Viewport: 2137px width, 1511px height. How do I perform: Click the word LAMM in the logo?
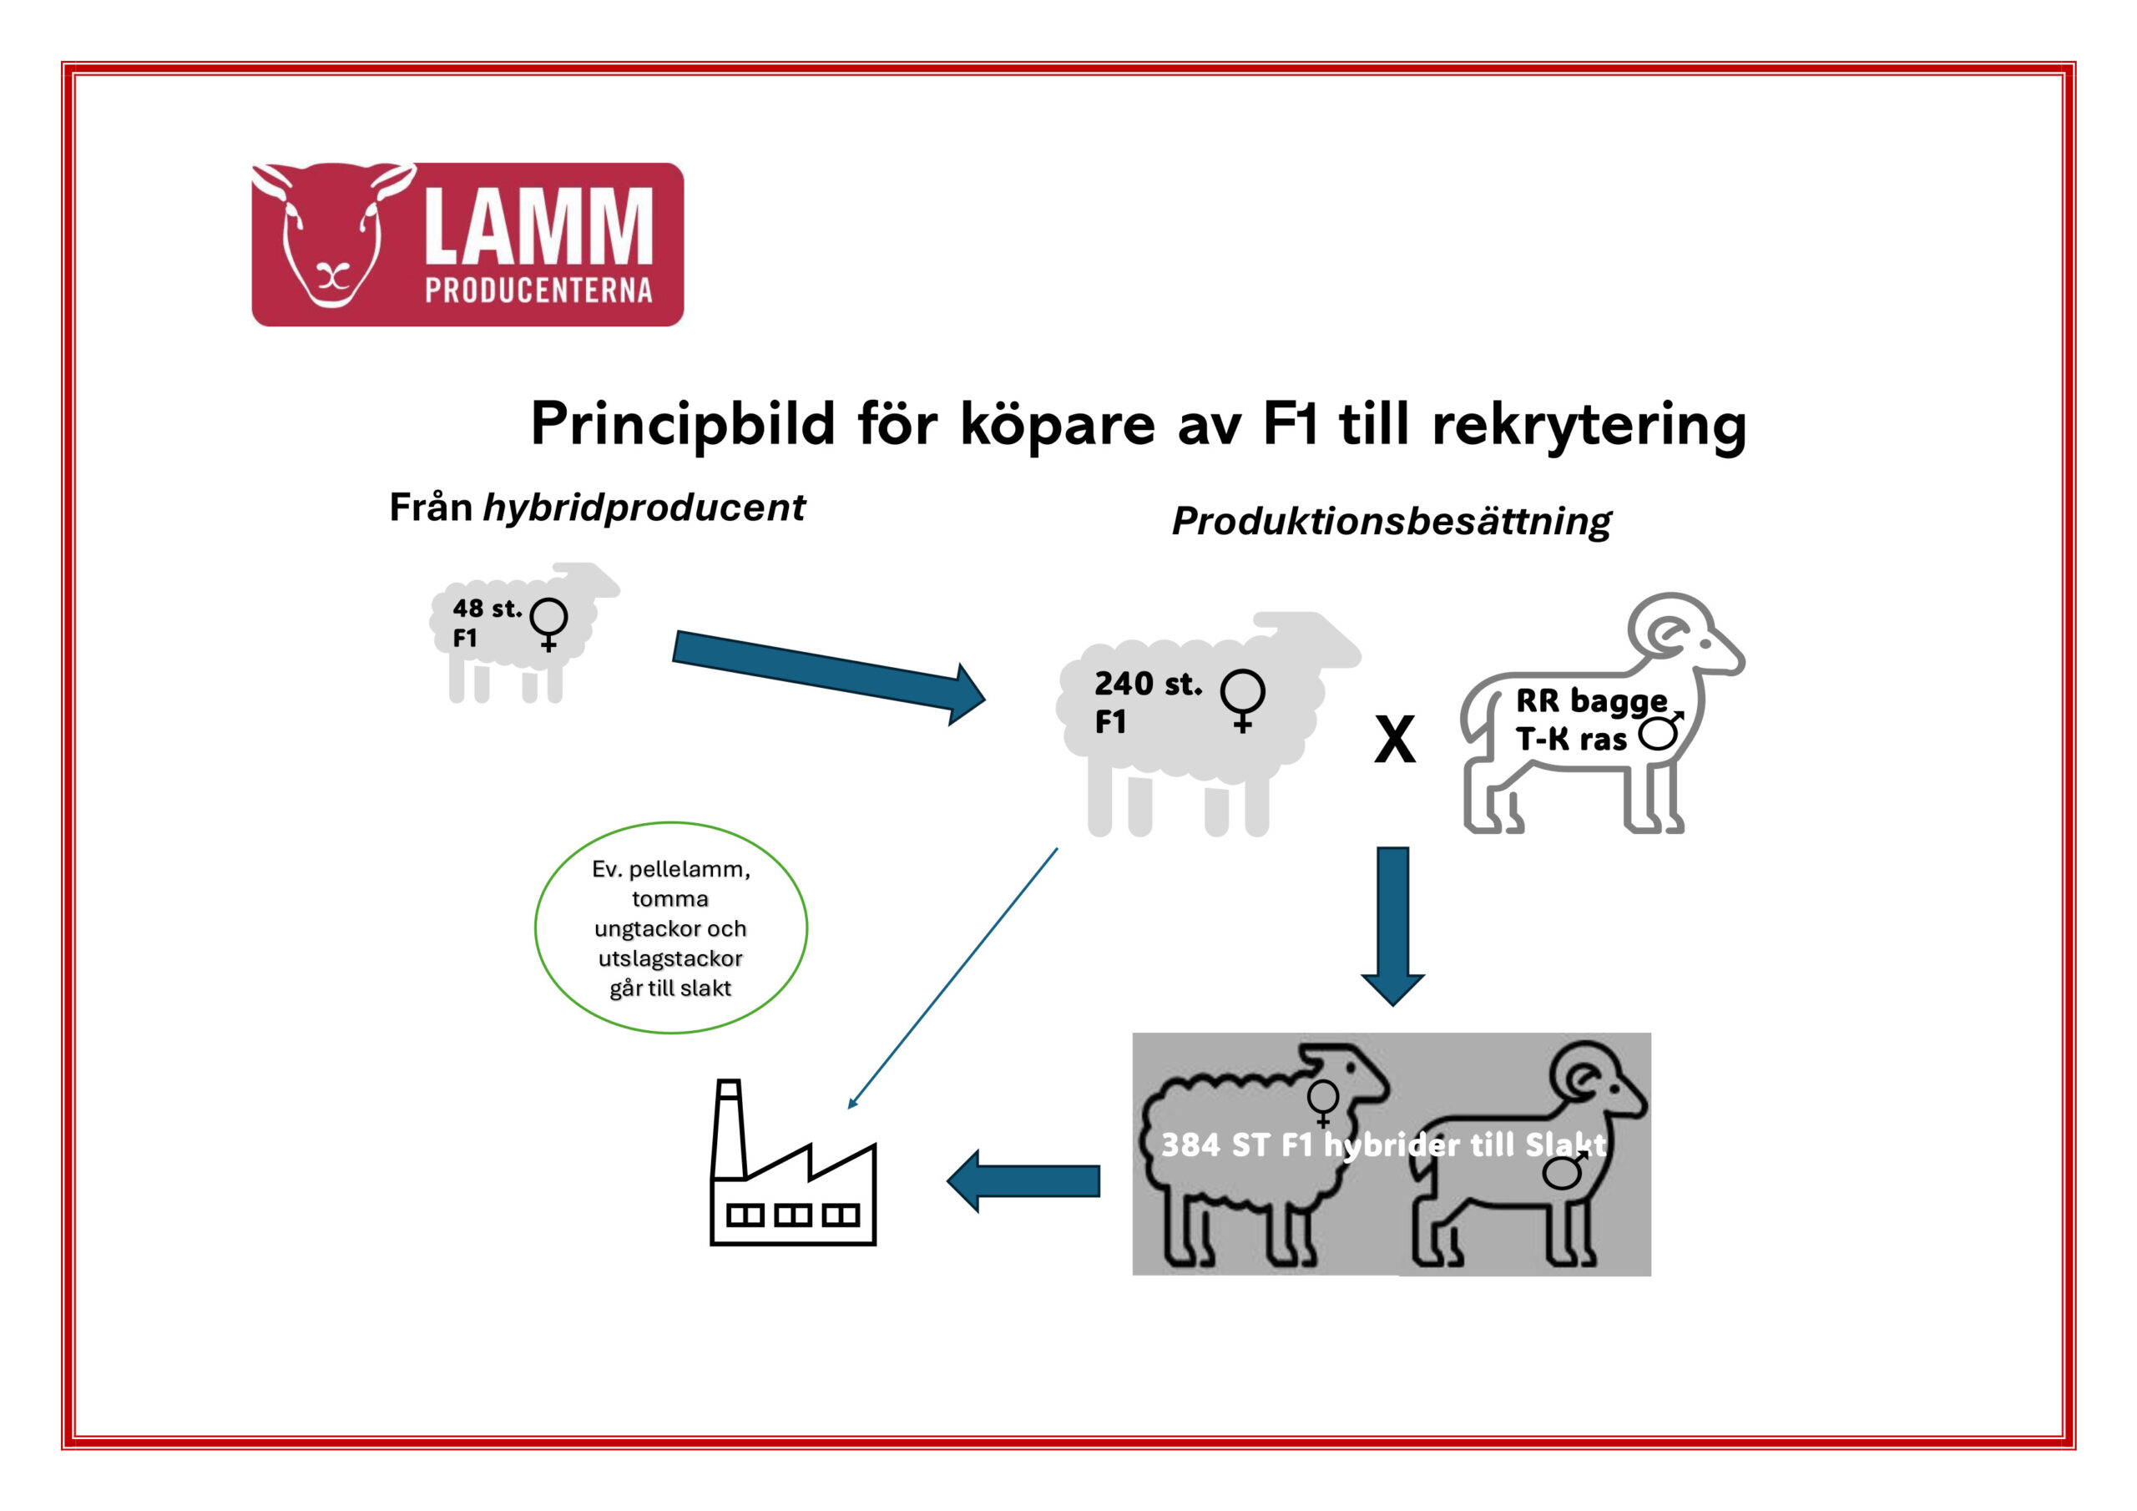pos(538,225)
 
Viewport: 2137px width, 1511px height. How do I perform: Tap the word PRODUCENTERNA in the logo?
pos(538,291)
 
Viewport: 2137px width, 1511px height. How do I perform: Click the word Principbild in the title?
pos(682,425)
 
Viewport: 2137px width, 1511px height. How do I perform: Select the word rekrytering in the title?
pos(1588,425)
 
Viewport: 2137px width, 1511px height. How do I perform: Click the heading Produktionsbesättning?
pos(1391,522)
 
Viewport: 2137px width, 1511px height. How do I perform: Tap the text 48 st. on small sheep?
pos(486,609)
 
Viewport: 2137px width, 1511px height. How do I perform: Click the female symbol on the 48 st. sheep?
pos(548,622)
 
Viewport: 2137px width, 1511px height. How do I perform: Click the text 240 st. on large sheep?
pos(1147,685)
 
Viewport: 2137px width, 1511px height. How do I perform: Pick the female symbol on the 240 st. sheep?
pos(1243,700)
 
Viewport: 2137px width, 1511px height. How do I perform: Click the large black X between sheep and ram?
pos(1394,740)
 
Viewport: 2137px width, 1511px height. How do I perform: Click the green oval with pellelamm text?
pos(670,928)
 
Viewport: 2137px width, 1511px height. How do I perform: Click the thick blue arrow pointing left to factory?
pos(1023,1180)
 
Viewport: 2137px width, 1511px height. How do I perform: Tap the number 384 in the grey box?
pos(1190,1145)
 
